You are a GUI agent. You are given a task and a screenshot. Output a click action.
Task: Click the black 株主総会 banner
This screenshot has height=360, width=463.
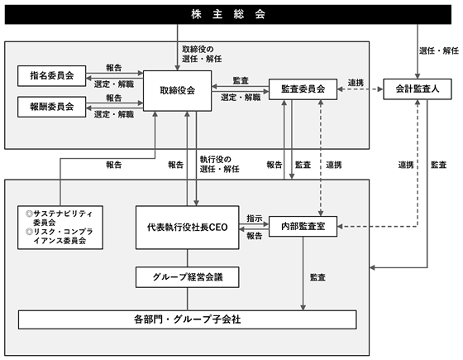[228, 14]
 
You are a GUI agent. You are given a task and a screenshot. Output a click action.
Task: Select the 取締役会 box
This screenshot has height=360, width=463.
[177, 91]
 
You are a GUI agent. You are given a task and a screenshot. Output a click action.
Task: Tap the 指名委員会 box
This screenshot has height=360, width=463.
[51, 75]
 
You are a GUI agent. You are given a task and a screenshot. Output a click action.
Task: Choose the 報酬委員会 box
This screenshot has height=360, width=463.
[51, 107]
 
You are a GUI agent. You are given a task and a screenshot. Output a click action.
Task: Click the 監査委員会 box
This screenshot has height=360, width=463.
[303, 89]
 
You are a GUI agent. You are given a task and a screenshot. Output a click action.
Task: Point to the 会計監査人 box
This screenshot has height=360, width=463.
[418, 89]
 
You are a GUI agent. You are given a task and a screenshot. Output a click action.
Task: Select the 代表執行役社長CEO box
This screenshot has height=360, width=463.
[187, 228]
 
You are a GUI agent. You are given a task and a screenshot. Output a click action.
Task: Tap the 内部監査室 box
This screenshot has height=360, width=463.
[303, 227]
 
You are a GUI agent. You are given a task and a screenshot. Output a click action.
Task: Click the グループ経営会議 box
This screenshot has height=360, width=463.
[187, 277]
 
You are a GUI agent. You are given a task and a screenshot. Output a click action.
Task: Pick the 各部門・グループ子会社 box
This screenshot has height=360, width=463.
[187, 319]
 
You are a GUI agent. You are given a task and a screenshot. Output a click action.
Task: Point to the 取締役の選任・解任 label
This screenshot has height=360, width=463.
[202, 54]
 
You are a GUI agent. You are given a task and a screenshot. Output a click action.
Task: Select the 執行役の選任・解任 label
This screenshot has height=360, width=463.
[219, 165]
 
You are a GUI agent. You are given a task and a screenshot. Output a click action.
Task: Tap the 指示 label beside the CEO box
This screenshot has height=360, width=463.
[255, 218]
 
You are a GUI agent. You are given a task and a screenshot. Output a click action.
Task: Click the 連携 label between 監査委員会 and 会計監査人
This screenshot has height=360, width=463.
[356, 83]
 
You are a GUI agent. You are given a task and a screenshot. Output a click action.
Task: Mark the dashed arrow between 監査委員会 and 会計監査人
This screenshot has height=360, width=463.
[360, 89]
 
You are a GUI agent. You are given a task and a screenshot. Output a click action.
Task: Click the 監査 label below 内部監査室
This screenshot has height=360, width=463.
[317, 277]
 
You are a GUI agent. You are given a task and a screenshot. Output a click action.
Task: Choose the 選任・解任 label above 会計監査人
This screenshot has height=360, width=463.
[439, 50]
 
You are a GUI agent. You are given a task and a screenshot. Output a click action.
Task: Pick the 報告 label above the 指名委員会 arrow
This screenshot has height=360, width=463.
[114, 68]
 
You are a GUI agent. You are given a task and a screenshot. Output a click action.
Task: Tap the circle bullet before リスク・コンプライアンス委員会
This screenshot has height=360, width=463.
[29, 232]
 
